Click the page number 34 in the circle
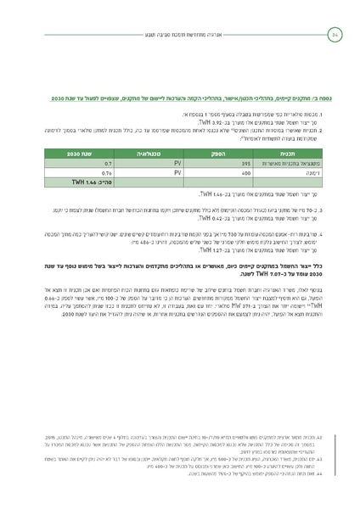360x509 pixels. tap(334, 34)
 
